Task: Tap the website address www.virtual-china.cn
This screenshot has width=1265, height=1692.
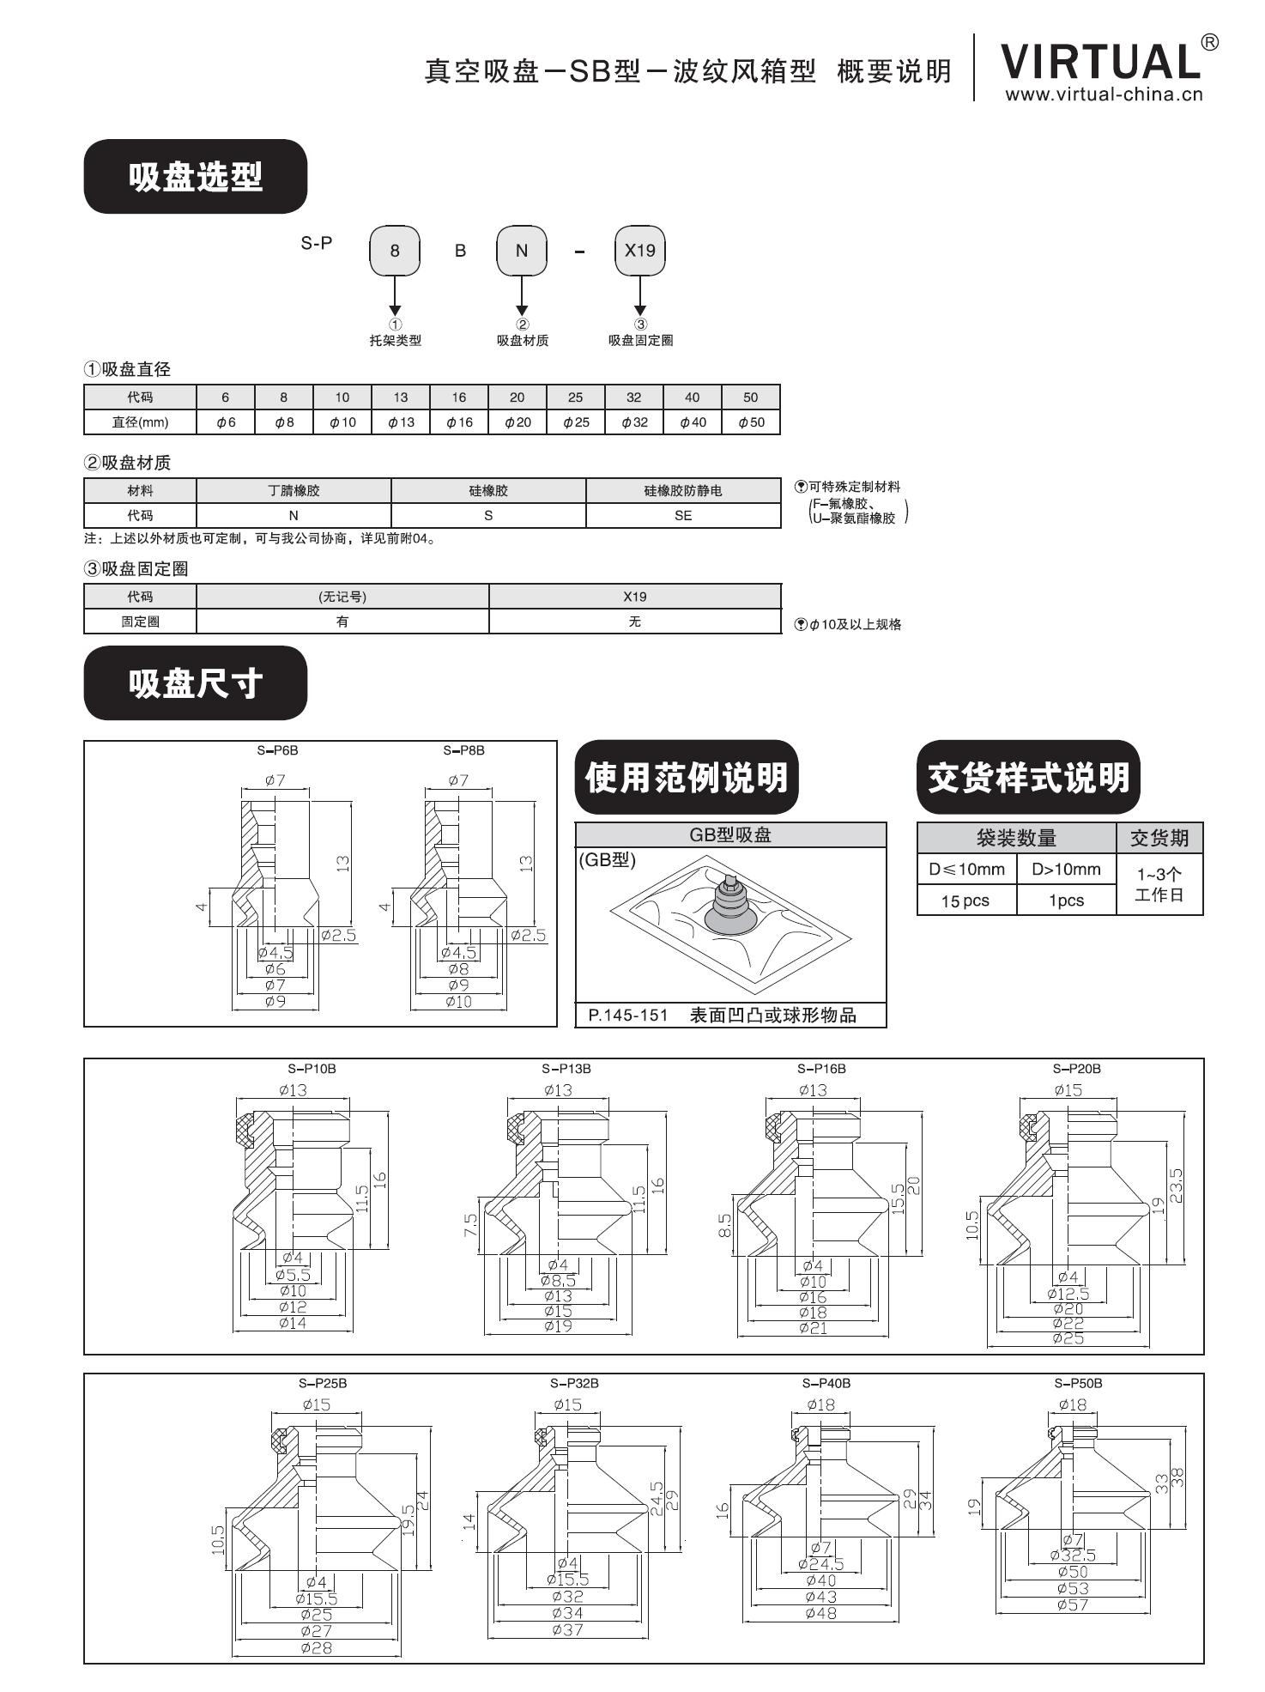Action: click(1104, 95)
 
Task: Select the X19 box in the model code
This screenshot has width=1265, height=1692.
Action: click(639, 251)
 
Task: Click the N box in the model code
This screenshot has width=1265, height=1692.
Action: click(521, 251)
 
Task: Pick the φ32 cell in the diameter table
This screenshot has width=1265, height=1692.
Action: click(634, 422)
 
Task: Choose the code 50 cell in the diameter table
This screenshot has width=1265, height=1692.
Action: click(750, 397)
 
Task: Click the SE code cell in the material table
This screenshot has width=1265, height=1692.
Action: click(683, 515)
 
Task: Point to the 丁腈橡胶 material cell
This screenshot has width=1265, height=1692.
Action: click(294, 491)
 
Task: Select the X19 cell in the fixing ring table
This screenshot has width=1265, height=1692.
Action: click(634, 597)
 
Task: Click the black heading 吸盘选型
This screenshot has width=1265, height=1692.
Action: click(195, 177)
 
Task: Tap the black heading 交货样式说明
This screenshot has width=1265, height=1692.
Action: click(1028, 778)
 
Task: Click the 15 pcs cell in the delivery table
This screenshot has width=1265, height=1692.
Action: click(965, 901)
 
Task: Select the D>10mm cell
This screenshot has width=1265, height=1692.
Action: click(1066, 870)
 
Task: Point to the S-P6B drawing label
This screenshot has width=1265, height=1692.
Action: click(277, 750)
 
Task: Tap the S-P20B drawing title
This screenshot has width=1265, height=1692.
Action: click(1076, 1069)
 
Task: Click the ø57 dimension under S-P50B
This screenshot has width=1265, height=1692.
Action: click(1073, 1604)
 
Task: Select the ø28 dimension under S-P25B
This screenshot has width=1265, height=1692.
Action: click(317, 1647)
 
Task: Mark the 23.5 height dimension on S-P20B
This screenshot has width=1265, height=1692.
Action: click(1177, 1186)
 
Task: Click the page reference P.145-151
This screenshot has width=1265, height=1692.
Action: click(628, 1016)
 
